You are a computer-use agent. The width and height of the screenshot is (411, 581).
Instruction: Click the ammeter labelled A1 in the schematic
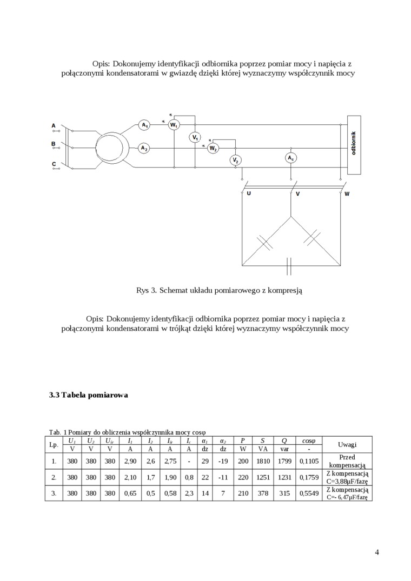pos(144,125)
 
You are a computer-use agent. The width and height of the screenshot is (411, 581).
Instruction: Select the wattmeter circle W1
pos(174,125)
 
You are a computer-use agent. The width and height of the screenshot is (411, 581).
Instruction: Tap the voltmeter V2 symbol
pos(236,161)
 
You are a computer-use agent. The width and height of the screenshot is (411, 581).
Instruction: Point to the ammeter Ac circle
pos(291,158)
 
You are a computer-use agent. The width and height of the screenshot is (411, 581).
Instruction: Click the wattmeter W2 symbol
pos(213,148)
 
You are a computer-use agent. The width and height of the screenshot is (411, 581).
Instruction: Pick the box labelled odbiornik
pos(354,145)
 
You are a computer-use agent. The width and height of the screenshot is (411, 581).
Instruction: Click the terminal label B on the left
pos(54,144)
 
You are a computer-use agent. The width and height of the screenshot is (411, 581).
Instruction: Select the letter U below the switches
pos(248,193)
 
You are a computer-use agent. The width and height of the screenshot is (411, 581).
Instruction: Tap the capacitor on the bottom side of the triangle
pos(290,265)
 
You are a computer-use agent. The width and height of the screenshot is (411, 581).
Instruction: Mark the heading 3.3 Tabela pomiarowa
pos(89,395)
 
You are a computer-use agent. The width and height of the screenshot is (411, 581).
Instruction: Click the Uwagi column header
pos(347,444)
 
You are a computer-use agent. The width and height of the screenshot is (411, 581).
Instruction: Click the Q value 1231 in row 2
pos(284,477)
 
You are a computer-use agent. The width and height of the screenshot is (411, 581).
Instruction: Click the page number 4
pos(376,552)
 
